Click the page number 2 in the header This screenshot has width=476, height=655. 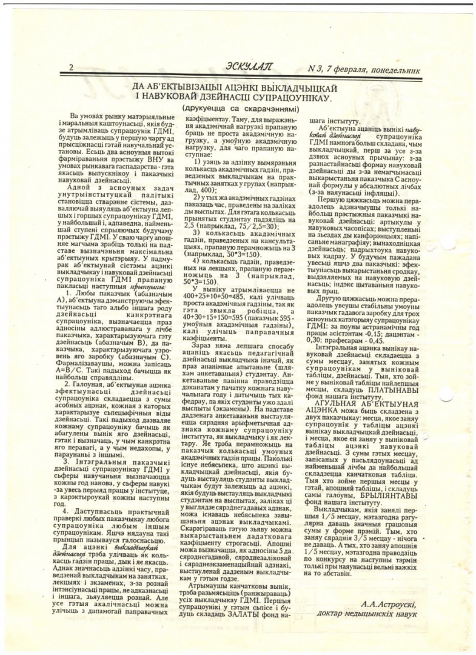point(72,68)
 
